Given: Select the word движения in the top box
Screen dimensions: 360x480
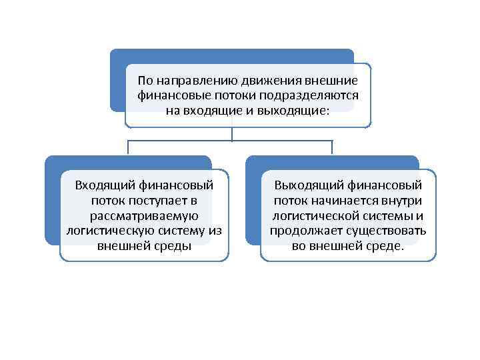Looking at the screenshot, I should (x=247, y=81).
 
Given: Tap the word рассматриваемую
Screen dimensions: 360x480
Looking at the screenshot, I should (x=143, y=215).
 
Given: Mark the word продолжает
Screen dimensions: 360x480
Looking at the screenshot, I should (x=302, y=231).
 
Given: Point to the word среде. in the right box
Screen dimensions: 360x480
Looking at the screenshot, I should (x=385, y=246).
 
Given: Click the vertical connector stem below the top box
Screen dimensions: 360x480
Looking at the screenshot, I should (x=232, y=134).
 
